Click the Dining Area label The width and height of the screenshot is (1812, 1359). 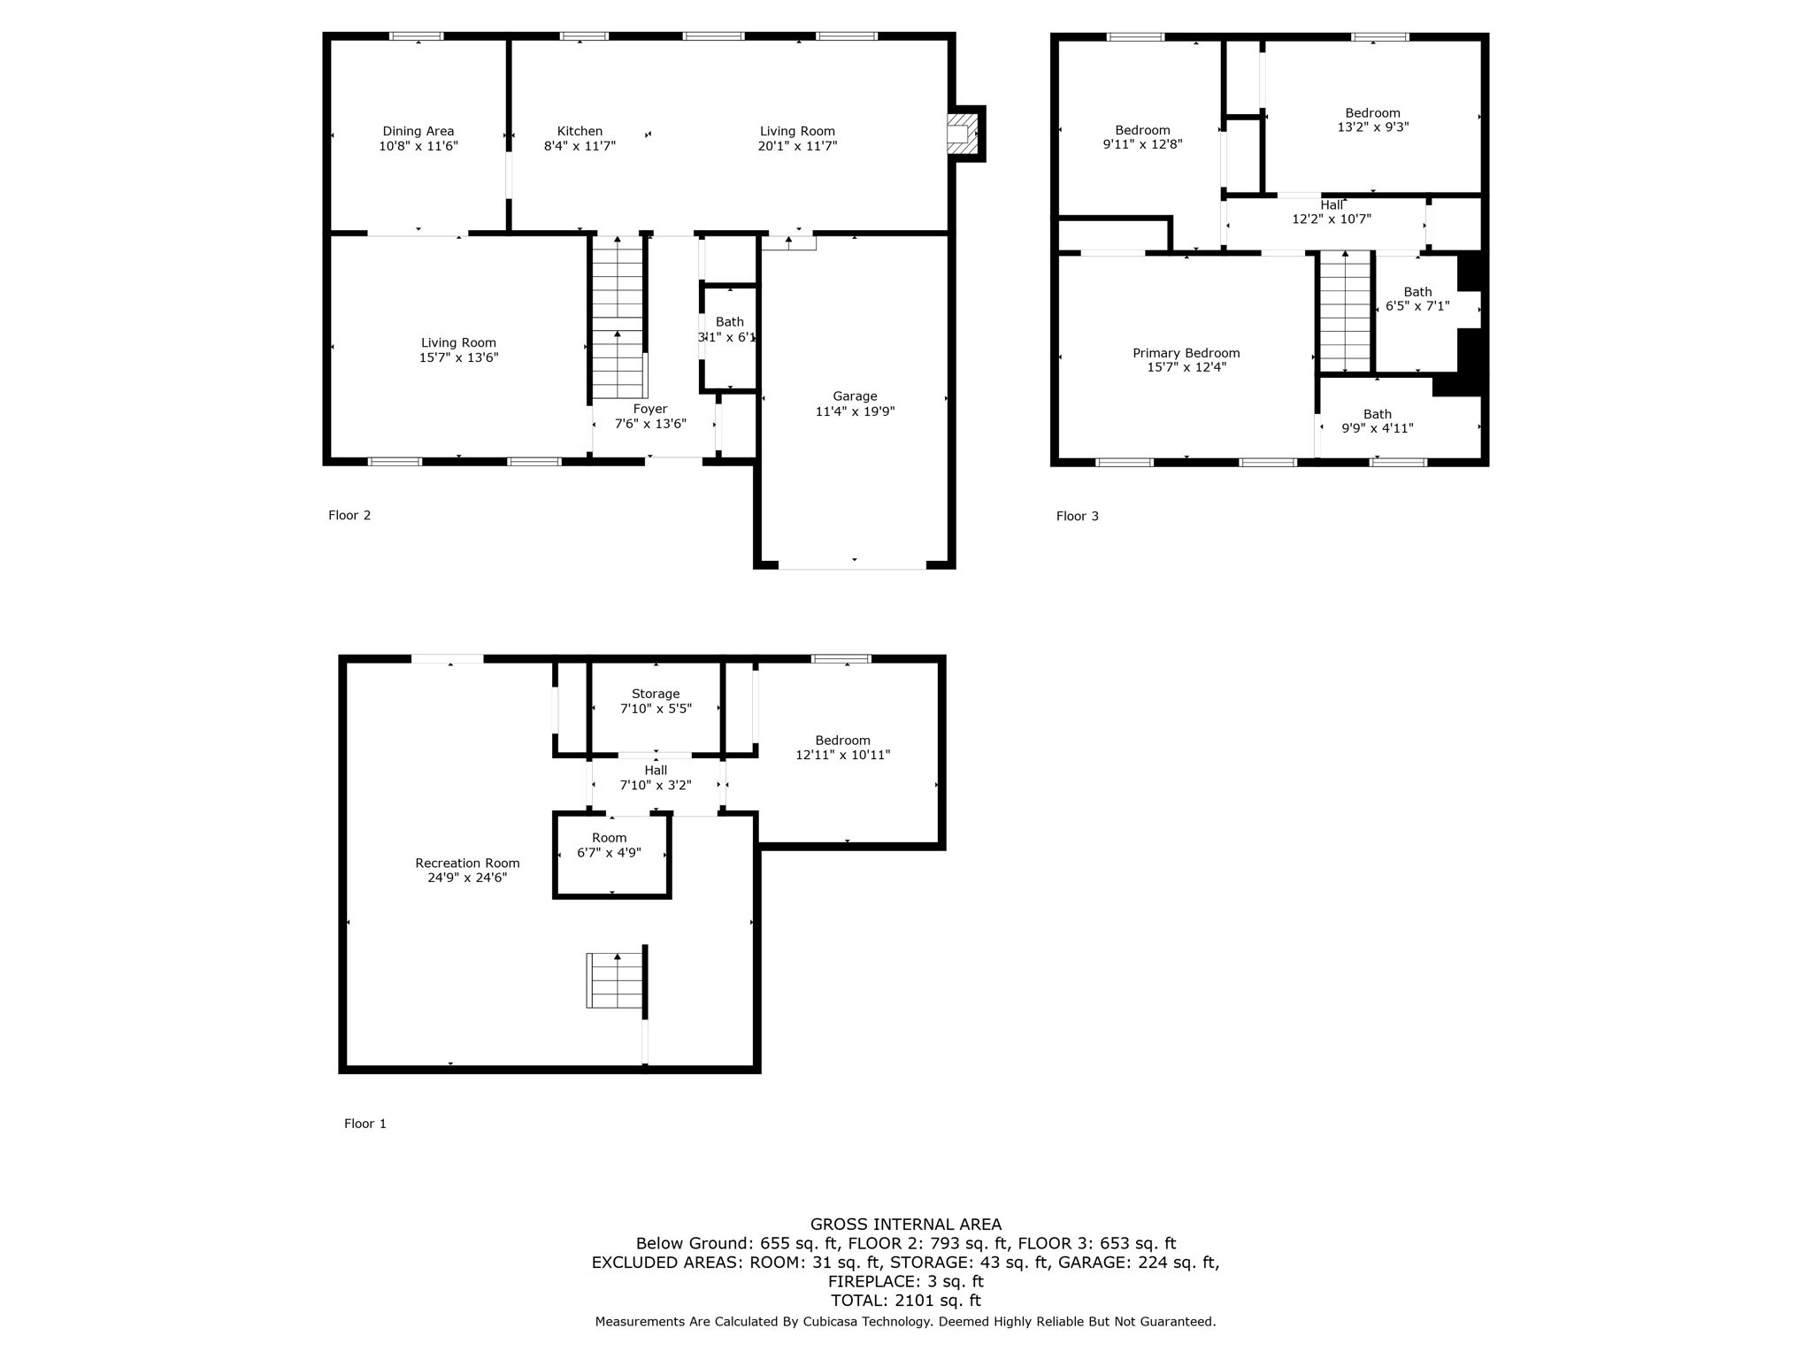418,131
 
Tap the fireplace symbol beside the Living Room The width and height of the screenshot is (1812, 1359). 962,134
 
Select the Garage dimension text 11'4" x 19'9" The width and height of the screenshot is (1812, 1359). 855,411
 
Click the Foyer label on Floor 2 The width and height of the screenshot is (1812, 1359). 650,409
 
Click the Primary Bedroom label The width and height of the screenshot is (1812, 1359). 1186,353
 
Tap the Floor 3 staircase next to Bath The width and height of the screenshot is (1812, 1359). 1345,311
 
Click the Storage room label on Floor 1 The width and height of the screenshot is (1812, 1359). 656,694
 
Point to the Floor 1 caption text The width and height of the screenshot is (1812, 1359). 365,1124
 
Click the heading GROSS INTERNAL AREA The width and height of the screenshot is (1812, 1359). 905,1225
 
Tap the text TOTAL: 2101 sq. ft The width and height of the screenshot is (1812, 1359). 905,1301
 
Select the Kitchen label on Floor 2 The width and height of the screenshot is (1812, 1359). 580,131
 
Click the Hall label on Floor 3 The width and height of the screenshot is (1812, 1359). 1332,205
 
